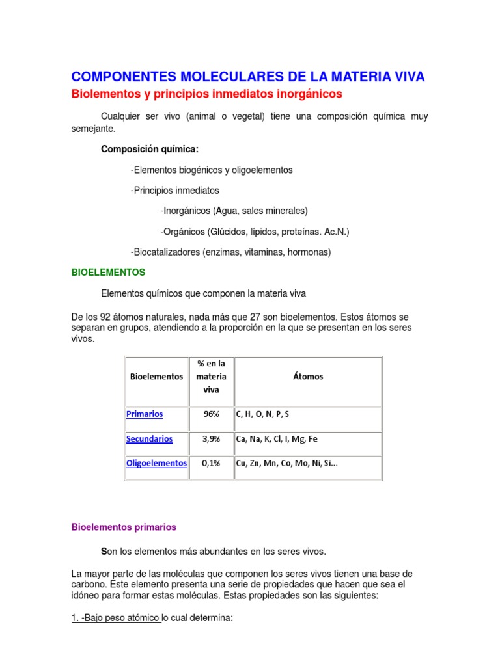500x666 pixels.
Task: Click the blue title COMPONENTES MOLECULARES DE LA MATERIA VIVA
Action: (247, 77)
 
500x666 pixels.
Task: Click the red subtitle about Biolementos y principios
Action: (206, 94)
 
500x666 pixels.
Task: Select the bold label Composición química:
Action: (150, 149)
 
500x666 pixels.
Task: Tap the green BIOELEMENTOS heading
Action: (108, 273)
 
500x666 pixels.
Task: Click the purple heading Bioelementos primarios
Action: (124, 527)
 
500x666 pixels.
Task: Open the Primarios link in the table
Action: (145, 414)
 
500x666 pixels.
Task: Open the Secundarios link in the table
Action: (149, 439)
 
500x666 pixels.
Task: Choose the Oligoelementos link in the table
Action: (156, 463)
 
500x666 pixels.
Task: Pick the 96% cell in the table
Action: (211, 414)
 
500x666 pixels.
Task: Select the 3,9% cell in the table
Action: (211, 439)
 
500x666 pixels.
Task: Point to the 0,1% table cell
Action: (211, 463)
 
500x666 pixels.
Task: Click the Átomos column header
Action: (307, 377)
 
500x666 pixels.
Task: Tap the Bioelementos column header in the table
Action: (156, 377)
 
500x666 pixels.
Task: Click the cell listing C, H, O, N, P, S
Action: (264, 414)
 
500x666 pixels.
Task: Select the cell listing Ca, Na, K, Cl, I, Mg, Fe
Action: (277, 439)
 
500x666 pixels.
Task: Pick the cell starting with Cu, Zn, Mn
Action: (287, 463)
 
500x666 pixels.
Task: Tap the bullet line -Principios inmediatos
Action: (174, 191)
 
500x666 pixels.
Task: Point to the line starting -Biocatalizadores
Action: (230, 252)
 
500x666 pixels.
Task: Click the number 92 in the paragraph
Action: (108, 317)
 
